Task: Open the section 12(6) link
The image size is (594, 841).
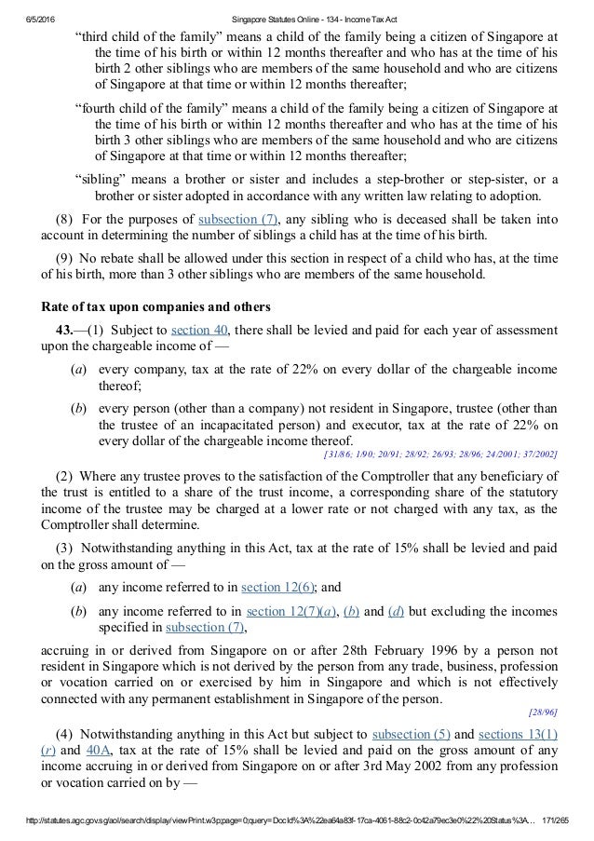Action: [277, 587]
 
